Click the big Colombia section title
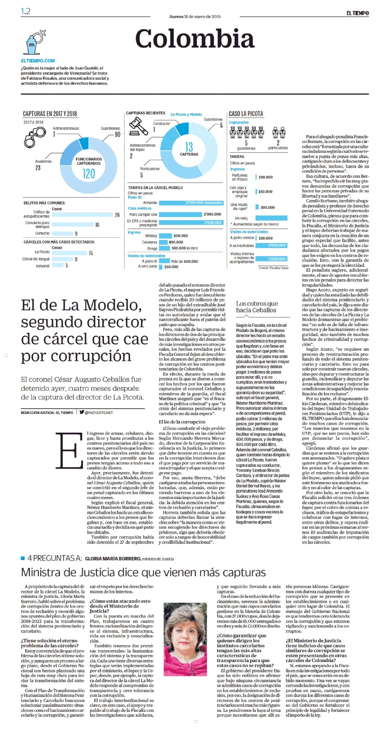pyautogui.click(x=195, y=38)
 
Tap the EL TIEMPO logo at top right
pyautogui.click(x=357, y=13)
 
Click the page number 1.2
pyautogui.click(x=25, y=11)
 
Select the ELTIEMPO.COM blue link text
pyautogui.click(x=38, y=61)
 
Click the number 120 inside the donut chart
pyautogui.click(x=89, y=174)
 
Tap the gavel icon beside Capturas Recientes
pyautogui.click(x=138, y=126)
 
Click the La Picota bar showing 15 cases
pyautogui.click(x=70, y=253)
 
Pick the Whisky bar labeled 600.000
pyautogui.click(x=165, y=236)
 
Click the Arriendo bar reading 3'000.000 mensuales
pyautogui.click(x=191, y=203)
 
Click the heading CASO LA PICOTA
pyautogui.click(x=246, y=114)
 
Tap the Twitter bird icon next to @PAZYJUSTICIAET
pyautogui.click(x=82, y=412)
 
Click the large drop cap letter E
pyautogui.click(x=70, y=450)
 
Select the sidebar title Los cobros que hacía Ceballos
pyautogui.click(x=256, y=307)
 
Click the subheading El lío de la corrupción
pyautogui.click(x=182, y=422)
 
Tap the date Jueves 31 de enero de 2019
pyautogui.click(x=195, y=16)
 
